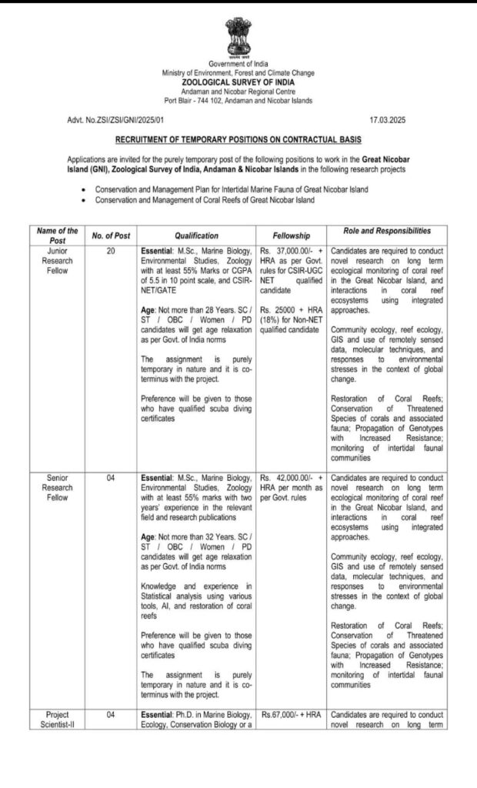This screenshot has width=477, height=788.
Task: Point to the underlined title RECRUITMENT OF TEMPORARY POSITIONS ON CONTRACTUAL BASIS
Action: tap(238, 141)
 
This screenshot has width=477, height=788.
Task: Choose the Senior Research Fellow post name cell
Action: tap(58, 487)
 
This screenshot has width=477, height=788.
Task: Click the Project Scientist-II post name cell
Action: tap(58, 720)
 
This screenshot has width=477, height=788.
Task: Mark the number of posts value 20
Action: tap(111, 251)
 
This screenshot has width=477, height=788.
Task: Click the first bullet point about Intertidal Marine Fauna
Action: tap(231, 189)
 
